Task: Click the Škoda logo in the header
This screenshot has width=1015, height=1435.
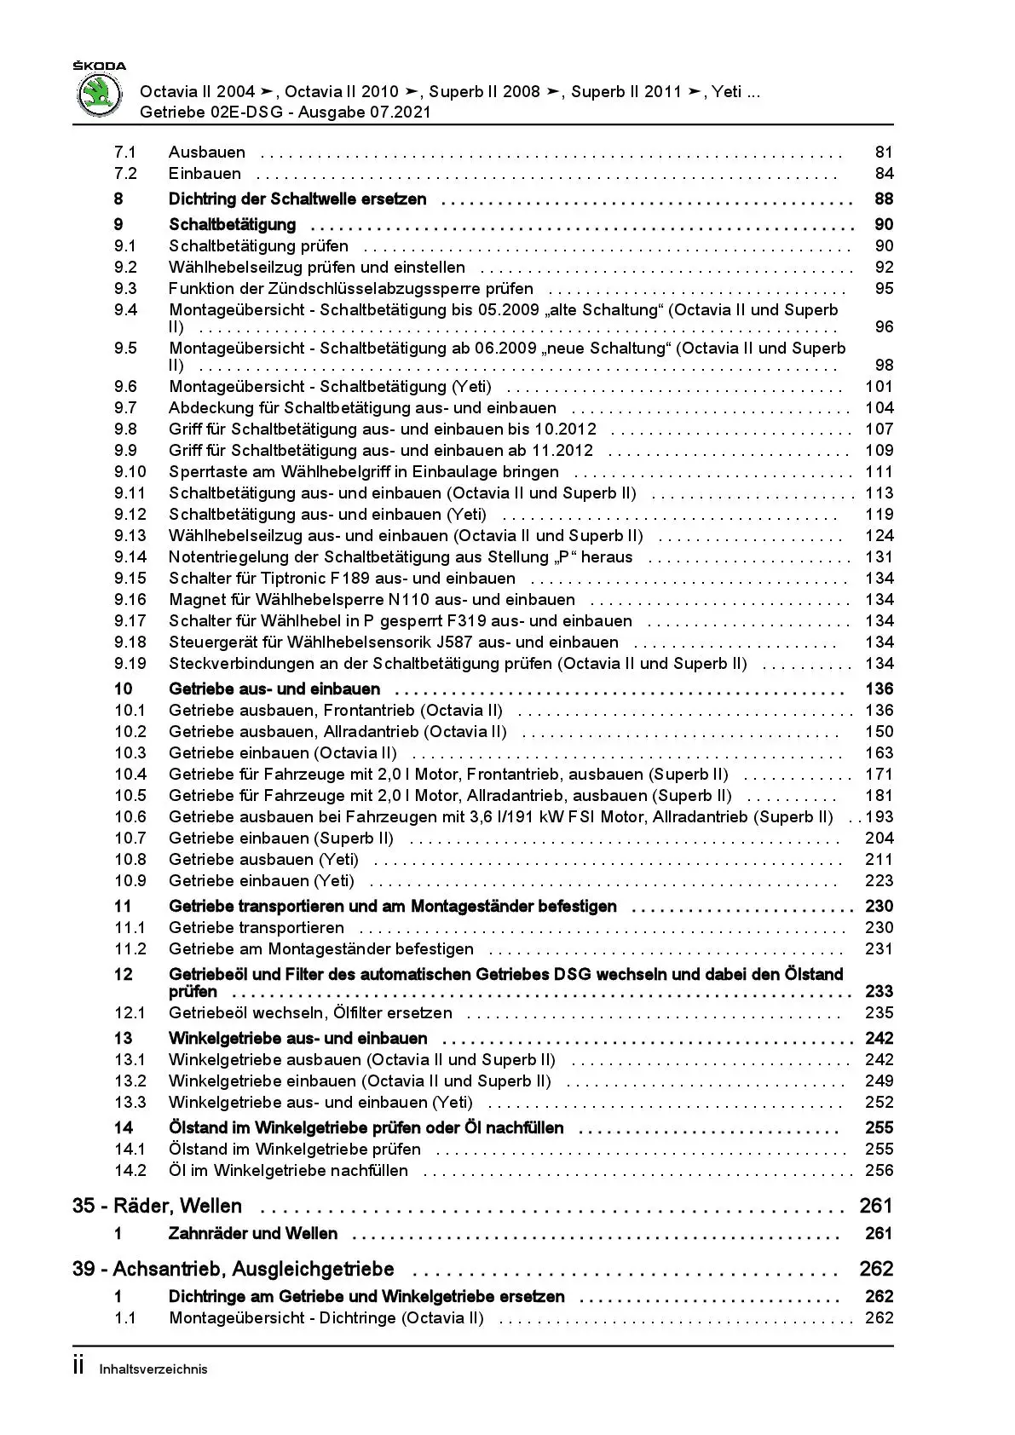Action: pos(101,93)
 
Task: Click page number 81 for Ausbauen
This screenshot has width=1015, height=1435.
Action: pos(884,153)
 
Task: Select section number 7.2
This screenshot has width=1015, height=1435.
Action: pos(125,174)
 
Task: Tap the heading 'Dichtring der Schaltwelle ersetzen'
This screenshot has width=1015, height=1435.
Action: pos(297,199)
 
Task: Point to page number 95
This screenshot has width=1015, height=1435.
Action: pos(884,289)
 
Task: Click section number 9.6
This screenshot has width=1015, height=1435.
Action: pos(125,387)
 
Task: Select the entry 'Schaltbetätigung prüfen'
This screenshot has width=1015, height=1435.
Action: pos(258,246)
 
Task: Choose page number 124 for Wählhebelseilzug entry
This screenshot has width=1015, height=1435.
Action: pos(879,536)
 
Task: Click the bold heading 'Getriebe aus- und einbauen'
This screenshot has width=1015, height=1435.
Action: pos(274,689)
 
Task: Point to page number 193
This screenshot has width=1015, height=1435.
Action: pos(879,817)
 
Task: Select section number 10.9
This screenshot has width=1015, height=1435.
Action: pos(130,881)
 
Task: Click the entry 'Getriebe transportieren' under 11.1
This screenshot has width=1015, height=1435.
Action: pos(257,928)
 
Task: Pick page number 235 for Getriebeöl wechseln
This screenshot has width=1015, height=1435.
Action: pos(879,1013)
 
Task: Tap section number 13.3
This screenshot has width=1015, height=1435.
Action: pos(130,1103)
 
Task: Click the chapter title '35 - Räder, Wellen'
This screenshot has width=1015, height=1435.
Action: pos(158,1207)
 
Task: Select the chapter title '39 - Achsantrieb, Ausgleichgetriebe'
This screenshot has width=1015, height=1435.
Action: pos(234,1270)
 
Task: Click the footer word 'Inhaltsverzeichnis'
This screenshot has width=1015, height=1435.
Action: pos(153,1369)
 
